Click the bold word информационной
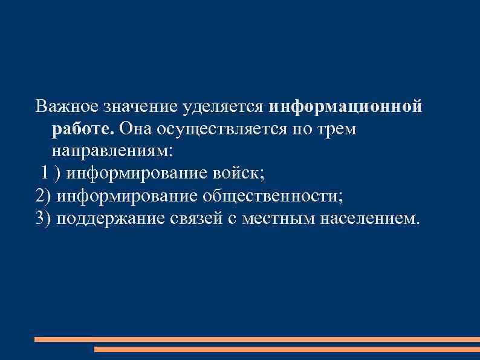345,106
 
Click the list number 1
45,172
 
